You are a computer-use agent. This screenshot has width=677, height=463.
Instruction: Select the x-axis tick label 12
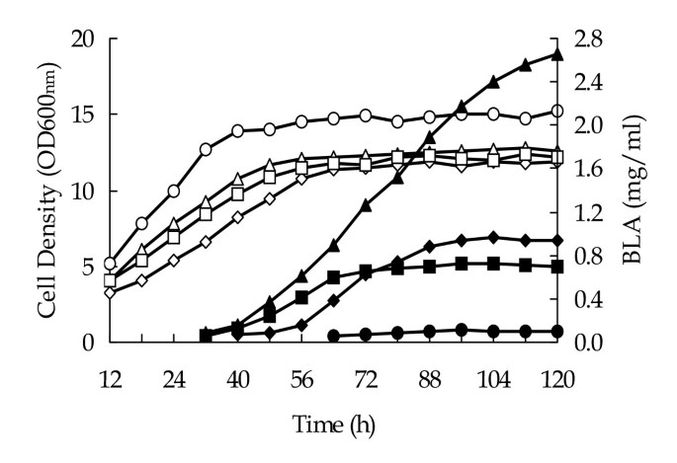click(110, 379)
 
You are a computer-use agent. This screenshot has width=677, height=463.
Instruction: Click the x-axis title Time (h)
click(333, 425)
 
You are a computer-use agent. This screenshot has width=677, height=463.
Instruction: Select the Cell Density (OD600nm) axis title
click(45, 191)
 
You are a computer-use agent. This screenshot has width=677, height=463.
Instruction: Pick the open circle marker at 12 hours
click(110, 264)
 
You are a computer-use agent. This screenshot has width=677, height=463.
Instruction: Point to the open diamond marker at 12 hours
click(110, 292)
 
